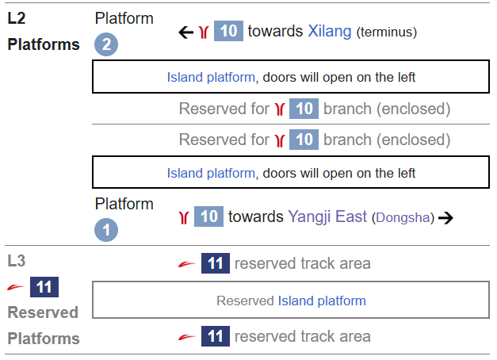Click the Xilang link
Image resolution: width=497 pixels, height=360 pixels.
pos(329,32)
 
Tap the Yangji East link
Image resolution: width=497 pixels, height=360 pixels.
pos(327,216)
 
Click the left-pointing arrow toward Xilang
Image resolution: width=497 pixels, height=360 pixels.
pos(185,33)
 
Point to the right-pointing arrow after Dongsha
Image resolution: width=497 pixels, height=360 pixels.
pos(445,217)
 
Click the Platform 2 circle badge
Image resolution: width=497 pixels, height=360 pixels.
pos(105,44)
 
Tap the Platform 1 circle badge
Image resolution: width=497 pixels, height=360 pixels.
pos(105,230)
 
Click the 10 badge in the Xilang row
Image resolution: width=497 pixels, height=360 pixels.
pos(227,32)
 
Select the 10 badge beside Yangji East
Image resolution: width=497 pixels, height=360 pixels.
pos(208,216)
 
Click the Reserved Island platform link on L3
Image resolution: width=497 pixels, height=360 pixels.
pos(322,301)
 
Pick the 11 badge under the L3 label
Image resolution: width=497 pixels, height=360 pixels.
pos(44,286)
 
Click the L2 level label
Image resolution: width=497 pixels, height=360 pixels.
pos(17,17)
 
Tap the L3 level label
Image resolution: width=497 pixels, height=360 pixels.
pos(17,260)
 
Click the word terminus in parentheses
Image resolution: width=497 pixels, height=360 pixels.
pos(386,33)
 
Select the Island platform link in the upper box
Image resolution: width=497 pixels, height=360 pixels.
pos(211,78)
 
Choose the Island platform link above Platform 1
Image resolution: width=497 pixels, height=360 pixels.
pos(211,172)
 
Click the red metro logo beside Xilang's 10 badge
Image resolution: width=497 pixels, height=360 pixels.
pos(204,33)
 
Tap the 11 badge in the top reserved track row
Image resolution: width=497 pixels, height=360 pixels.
pos(215,263)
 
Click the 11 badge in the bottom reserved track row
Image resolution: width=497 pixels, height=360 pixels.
pos(215,337)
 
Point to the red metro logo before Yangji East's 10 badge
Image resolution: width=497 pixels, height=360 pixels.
pos(185,216)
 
